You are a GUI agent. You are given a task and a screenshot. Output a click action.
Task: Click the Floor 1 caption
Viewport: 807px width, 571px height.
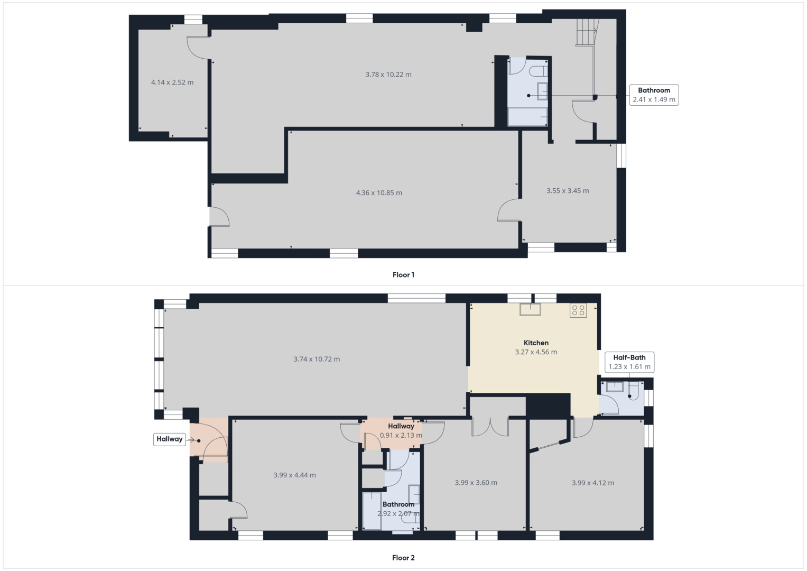coord(403,275)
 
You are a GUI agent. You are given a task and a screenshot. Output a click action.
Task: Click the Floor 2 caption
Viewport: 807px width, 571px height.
coord(403,558)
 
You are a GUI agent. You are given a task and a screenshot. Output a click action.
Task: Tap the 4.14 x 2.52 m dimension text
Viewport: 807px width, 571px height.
coord(172,82)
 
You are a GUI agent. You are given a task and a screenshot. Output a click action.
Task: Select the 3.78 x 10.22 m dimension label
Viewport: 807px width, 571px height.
coord(388,75)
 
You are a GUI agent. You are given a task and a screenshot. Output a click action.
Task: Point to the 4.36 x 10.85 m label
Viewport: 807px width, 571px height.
coord(379,193)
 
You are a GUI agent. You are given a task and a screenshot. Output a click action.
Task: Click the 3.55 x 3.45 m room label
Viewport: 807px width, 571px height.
coord(568,191)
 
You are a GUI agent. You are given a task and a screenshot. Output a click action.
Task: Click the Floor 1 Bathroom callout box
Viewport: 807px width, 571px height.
coord(654,95)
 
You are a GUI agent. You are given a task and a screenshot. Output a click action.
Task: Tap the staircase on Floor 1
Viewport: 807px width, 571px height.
coord(586,32)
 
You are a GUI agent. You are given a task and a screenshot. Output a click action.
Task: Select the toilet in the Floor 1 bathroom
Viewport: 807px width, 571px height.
coord(539,71)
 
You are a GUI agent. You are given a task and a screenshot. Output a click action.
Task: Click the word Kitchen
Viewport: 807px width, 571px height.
coord(536,343)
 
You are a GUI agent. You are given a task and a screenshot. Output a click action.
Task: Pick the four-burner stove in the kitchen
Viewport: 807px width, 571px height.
coord(578,310)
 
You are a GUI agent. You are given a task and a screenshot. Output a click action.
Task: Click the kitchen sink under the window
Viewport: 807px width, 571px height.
coord(530,309)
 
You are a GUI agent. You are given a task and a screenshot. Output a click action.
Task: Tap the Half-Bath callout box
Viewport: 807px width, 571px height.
coord(629,362)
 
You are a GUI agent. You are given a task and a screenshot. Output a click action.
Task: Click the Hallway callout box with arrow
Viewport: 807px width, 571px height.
coord(170,439)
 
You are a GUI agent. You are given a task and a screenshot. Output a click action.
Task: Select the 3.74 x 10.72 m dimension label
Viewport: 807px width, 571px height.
coord(317,359)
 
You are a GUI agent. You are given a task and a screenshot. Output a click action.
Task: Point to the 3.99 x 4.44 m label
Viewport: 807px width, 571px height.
coord(294,475)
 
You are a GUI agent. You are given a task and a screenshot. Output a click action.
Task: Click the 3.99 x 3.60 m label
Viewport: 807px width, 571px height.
coord(476,483)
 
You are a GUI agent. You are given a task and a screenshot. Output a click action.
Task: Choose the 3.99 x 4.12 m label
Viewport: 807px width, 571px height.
coord(592,483)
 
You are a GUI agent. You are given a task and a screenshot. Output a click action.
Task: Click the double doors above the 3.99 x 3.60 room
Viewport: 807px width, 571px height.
coord(490,427)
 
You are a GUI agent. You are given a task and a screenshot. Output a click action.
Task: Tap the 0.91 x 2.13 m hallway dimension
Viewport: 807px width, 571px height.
coord(401,436)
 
